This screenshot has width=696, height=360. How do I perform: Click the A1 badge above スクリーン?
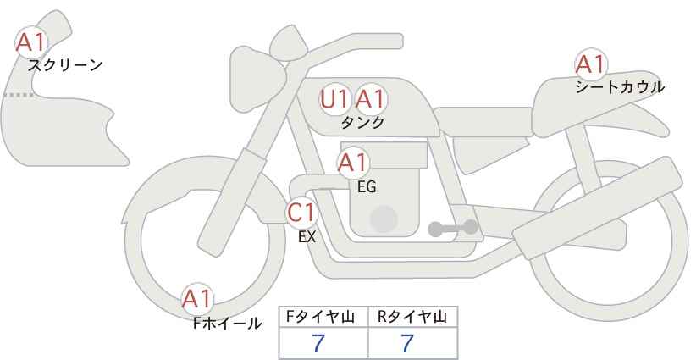tap(30, 42)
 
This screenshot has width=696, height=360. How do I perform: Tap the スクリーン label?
tap(65, 66)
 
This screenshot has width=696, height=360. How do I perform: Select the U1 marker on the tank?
tap(334, 99)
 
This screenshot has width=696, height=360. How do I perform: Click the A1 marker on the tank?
tap(371, 99)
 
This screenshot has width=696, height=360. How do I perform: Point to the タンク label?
tap(362, 123)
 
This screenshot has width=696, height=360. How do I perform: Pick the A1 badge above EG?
tap(353, 163)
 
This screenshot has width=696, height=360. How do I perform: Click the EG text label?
tap(367, 187)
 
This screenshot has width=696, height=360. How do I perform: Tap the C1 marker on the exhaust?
tap(301, 213)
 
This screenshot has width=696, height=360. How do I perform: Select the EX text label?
tap(307, 237)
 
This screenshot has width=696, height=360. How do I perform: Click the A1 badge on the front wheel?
tap(197, 299)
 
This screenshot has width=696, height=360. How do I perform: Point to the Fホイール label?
tap(227, 324)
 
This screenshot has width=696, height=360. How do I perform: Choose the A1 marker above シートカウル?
tap(591, 64)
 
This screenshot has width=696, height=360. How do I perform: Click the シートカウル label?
tap(620, 87)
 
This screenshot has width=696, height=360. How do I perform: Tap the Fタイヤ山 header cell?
tap(323, 317)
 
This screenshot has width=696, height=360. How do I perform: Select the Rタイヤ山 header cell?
tap(413, 317)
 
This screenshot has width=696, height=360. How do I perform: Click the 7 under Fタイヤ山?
tap(318, 343)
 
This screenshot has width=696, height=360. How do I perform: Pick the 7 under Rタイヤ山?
tap(407, 343)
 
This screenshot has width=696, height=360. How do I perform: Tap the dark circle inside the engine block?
tap(384, 219)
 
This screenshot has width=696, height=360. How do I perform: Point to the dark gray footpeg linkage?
tap(453, 228)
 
